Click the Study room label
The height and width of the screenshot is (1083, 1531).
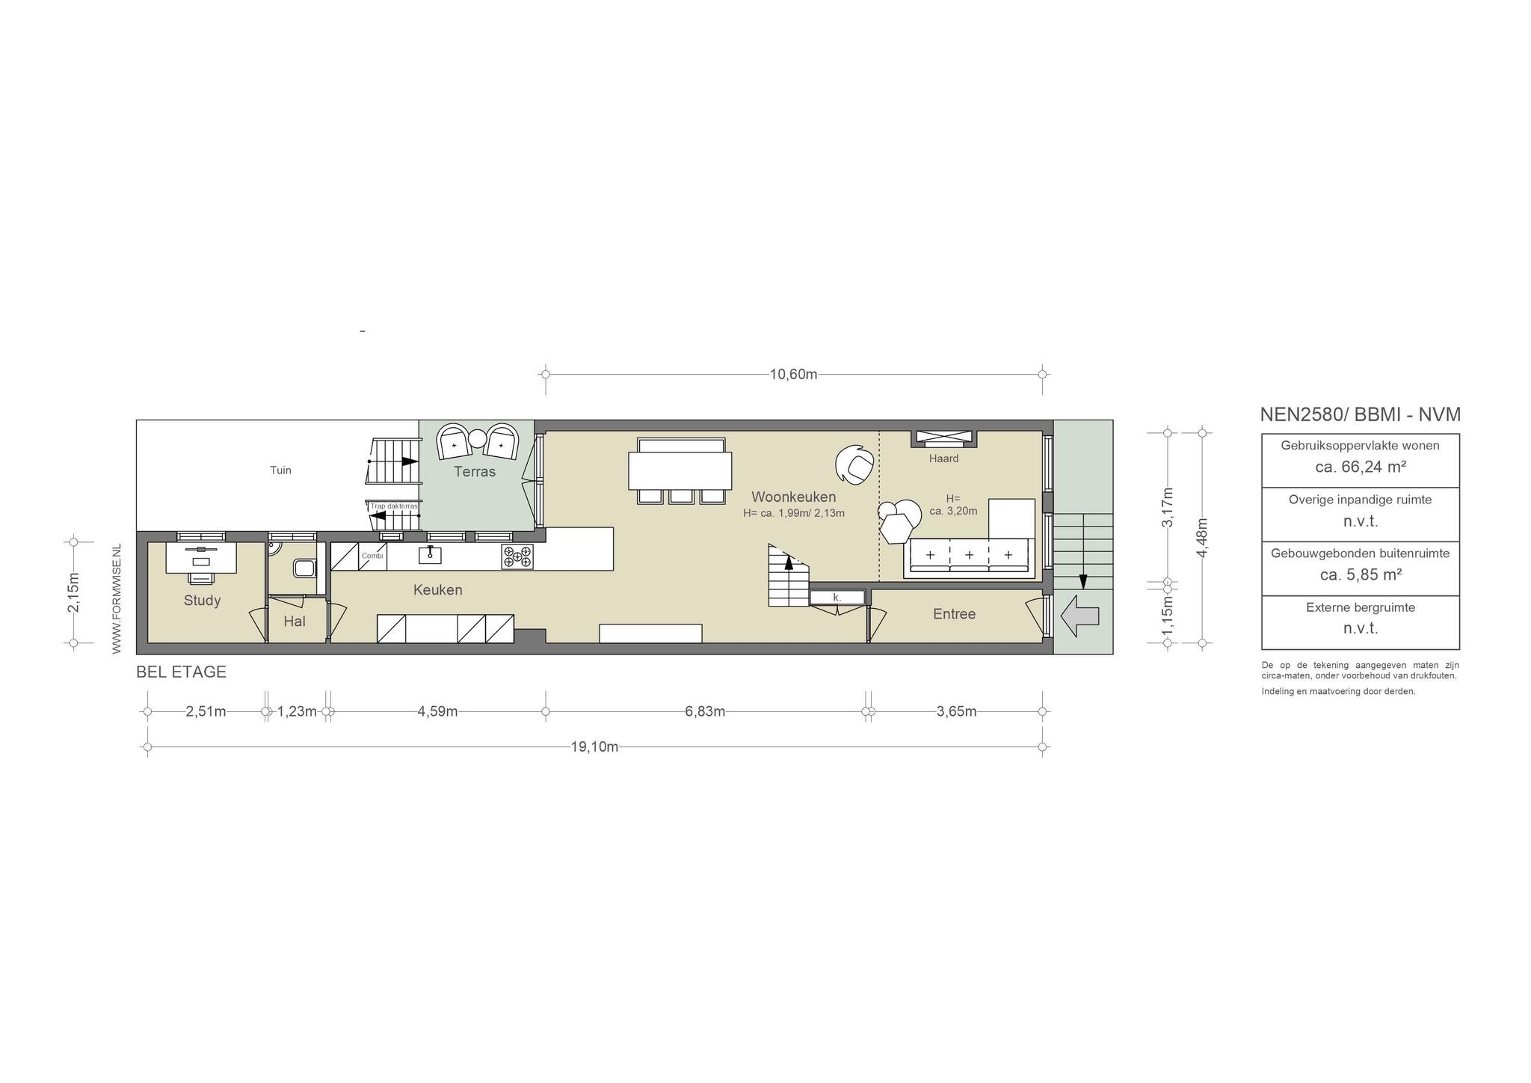point(202,601)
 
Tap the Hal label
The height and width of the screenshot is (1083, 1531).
point(295,622)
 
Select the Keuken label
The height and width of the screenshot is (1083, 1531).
point(438,590)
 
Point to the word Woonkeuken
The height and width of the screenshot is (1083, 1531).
point(793,497)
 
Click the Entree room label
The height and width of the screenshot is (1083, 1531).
point(954,614)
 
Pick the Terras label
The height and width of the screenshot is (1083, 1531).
point(475,472)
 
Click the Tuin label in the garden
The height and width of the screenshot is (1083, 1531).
point(280,470)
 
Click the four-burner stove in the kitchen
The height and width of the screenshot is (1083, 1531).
point(517,557)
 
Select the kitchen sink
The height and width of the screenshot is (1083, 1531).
point(430,554)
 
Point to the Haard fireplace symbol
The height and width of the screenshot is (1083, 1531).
point(943,438)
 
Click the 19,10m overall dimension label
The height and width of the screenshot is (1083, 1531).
point(594,746)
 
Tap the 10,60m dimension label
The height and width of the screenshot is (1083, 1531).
point(793,375)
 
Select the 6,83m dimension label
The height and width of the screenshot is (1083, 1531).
point(705,711)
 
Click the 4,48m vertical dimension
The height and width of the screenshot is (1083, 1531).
point(1202,538)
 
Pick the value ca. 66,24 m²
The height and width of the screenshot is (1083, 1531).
point(1361,467)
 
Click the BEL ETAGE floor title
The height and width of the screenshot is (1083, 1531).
point(181,672)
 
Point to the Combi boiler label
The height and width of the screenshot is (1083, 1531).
point(372,556)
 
